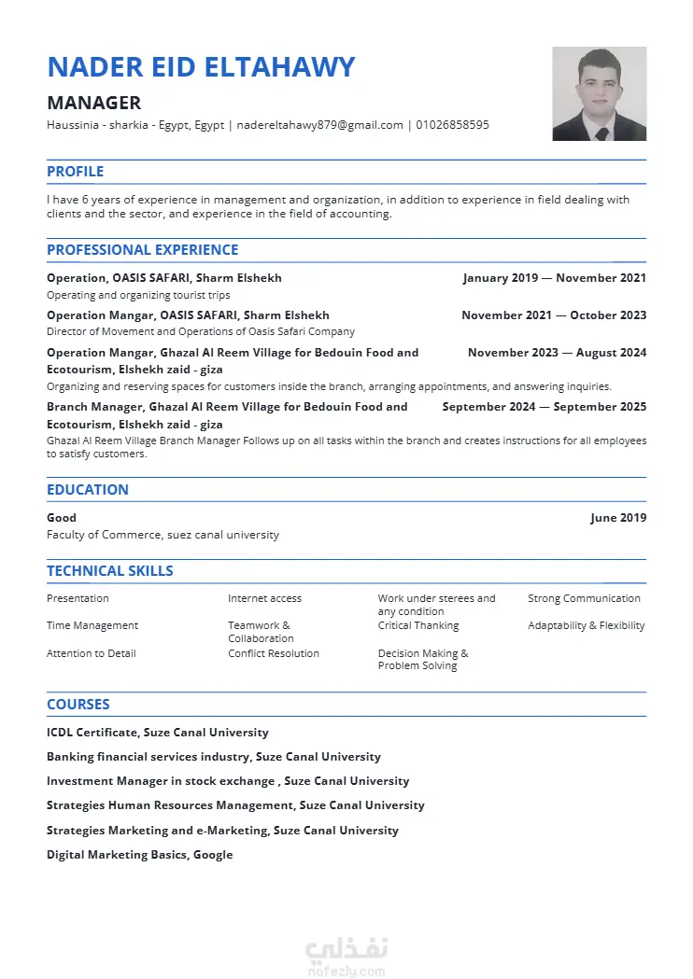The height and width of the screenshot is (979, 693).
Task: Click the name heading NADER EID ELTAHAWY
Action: tap(201, 67)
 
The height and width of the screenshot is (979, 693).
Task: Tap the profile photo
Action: tap(599, 93)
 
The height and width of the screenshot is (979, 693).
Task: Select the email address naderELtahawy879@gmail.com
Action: tap(320, 125)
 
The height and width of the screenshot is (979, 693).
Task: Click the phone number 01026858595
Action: tap(452, 125)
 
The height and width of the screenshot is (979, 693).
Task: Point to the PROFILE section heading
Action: tap(75, 172)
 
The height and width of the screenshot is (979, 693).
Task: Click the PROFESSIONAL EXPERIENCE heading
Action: tap(142, 250)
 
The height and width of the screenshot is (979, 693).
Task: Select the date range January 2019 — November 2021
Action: tap(554, 278)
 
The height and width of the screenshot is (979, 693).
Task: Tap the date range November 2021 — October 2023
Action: tap(554, 315)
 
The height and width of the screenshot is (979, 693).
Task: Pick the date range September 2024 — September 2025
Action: tap(544, 407)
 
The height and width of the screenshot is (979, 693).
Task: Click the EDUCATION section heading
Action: tap(88, 490)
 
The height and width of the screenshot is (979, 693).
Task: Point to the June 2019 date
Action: tap(618, 518)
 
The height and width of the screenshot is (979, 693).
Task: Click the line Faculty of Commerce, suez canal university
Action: tap(163, 536)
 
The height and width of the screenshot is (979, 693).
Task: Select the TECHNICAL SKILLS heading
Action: tap(109, 571)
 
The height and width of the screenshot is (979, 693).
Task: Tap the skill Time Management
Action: tap(92, 626)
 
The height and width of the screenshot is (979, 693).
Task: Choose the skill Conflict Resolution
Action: tap(274, 653)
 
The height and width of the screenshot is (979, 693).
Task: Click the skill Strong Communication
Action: tap(584, 599)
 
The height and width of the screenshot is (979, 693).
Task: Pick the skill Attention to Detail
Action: tap(92, 653)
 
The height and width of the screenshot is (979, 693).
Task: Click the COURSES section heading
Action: tap(78, 705)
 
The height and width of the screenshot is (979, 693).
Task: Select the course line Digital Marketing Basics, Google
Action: tap(140, 855)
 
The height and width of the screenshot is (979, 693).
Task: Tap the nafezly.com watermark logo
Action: tap(346, 956)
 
